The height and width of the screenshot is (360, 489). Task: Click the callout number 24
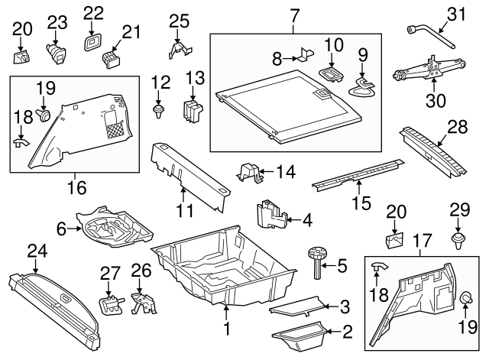[36, 250]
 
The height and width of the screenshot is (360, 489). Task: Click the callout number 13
[195, 77]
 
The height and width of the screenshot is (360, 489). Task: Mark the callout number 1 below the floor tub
[226, 331]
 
